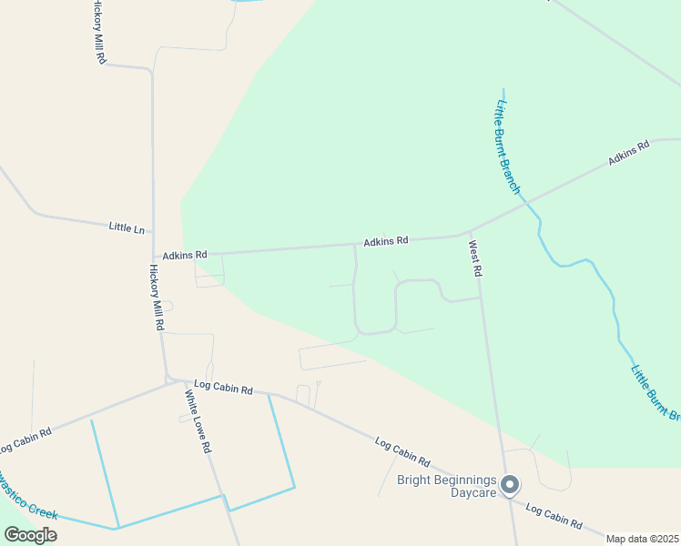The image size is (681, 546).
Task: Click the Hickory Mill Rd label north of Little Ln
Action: (x=99, y=32)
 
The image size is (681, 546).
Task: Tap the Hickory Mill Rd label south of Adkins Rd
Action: (x=157, y=298)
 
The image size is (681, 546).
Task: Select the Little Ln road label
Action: (x=127, y=227)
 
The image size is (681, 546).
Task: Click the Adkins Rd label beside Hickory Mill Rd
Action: (x=185, y=256)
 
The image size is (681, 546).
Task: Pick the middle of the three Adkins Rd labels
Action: (x=386, y=241)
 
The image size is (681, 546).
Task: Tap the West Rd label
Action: (x=474, y=258)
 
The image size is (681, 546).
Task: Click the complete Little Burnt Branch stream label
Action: (x=506, y=147)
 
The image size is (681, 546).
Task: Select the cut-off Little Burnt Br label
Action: (x=655, y=392)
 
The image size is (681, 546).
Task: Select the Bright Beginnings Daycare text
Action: (x=447, y=486)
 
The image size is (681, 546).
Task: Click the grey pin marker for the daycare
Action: (x=510, y=484)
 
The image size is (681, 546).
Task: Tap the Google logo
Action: (x=31, y=534)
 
